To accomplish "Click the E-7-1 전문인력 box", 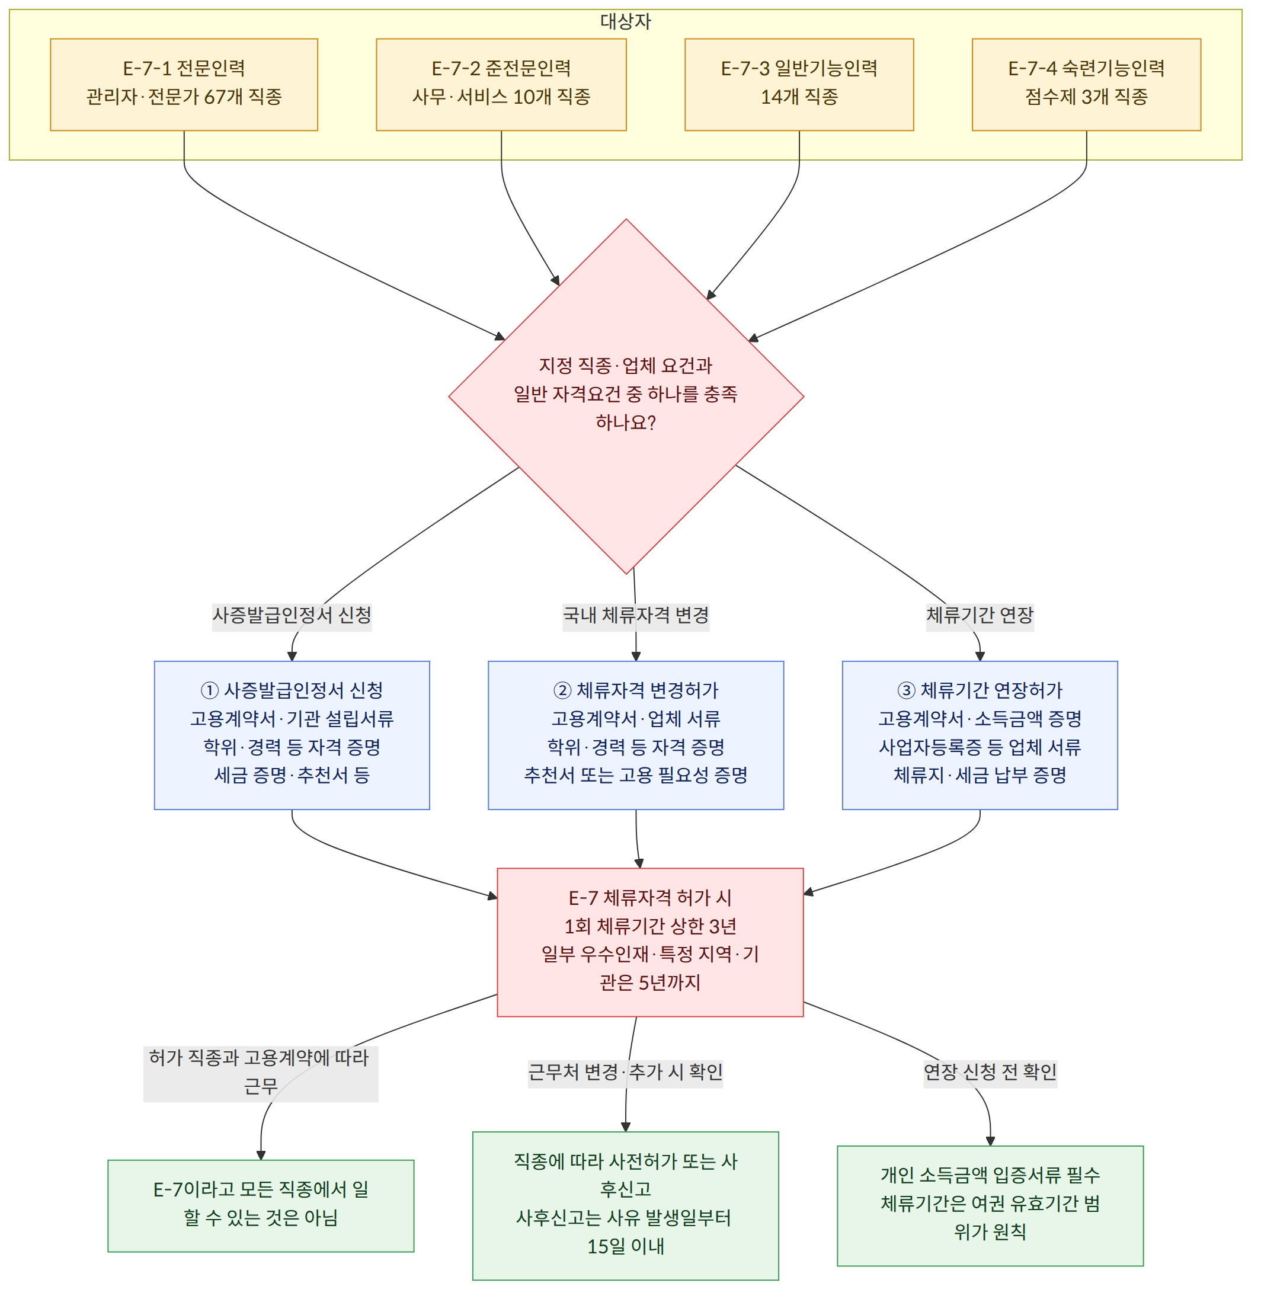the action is pos(184,84).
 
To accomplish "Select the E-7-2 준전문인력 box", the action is pos(501,84).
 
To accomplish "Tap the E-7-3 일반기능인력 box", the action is pos(799,84).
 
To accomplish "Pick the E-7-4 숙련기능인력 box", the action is pos(1086,84).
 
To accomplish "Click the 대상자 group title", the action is pos(626,21).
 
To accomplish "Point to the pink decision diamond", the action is pos(626,396).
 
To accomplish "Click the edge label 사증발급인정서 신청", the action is pos(292,615).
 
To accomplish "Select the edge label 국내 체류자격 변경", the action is pos(635,615).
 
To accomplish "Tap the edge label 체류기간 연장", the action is pos(980,615).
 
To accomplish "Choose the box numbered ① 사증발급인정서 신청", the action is pos(292,735).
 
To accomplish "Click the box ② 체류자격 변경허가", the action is pos(635,735).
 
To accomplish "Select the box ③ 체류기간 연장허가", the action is pos(980,735).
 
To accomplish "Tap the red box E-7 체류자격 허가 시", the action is pos(650,942).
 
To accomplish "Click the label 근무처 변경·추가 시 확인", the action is pos(625,1071).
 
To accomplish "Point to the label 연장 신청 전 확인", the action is pos(990,1071).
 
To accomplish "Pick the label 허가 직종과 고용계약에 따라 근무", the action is pos(260,1071).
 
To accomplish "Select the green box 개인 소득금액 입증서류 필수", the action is pos(990,1205).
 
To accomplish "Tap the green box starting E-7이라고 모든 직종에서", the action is pos(260,1205).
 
